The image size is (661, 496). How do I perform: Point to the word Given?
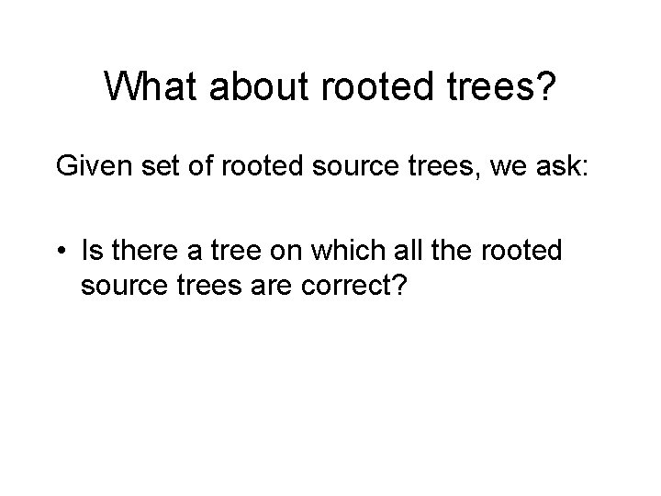point(89,167)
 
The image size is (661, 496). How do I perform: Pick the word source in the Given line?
point(307,167)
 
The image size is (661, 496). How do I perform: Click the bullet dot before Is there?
point(62,250)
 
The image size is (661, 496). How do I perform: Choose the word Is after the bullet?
point(92,250)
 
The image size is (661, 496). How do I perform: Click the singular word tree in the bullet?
point(227,250)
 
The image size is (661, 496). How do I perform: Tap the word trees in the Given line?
point(387,167)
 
